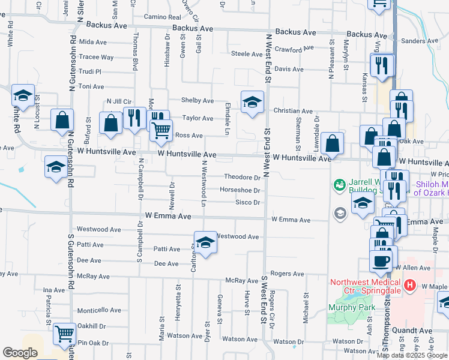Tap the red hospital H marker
point(411,285)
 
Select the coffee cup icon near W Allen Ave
point(381,260)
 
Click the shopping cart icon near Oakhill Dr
point(64,334)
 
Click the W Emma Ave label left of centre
point(168,215)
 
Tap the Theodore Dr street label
point(242,177)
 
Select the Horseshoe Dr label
point(240,190)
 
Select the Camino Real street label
point(162,18)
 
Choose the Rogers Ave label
point(288,274)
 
